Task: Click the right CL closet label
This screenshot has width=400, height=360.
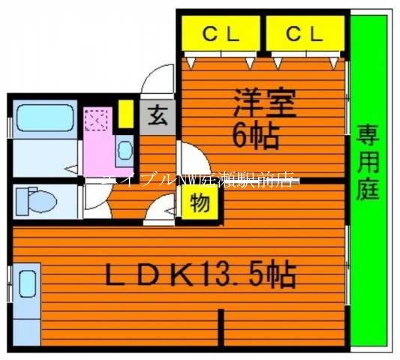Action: coord(304,33)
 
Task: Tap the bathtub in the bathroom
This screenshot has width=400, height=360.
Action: coord(42,119)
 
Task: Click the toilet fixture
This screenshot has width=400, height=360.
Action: coord(38,199)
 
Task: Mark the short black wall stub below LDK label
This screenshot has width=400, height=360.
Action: coord(221,327)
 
